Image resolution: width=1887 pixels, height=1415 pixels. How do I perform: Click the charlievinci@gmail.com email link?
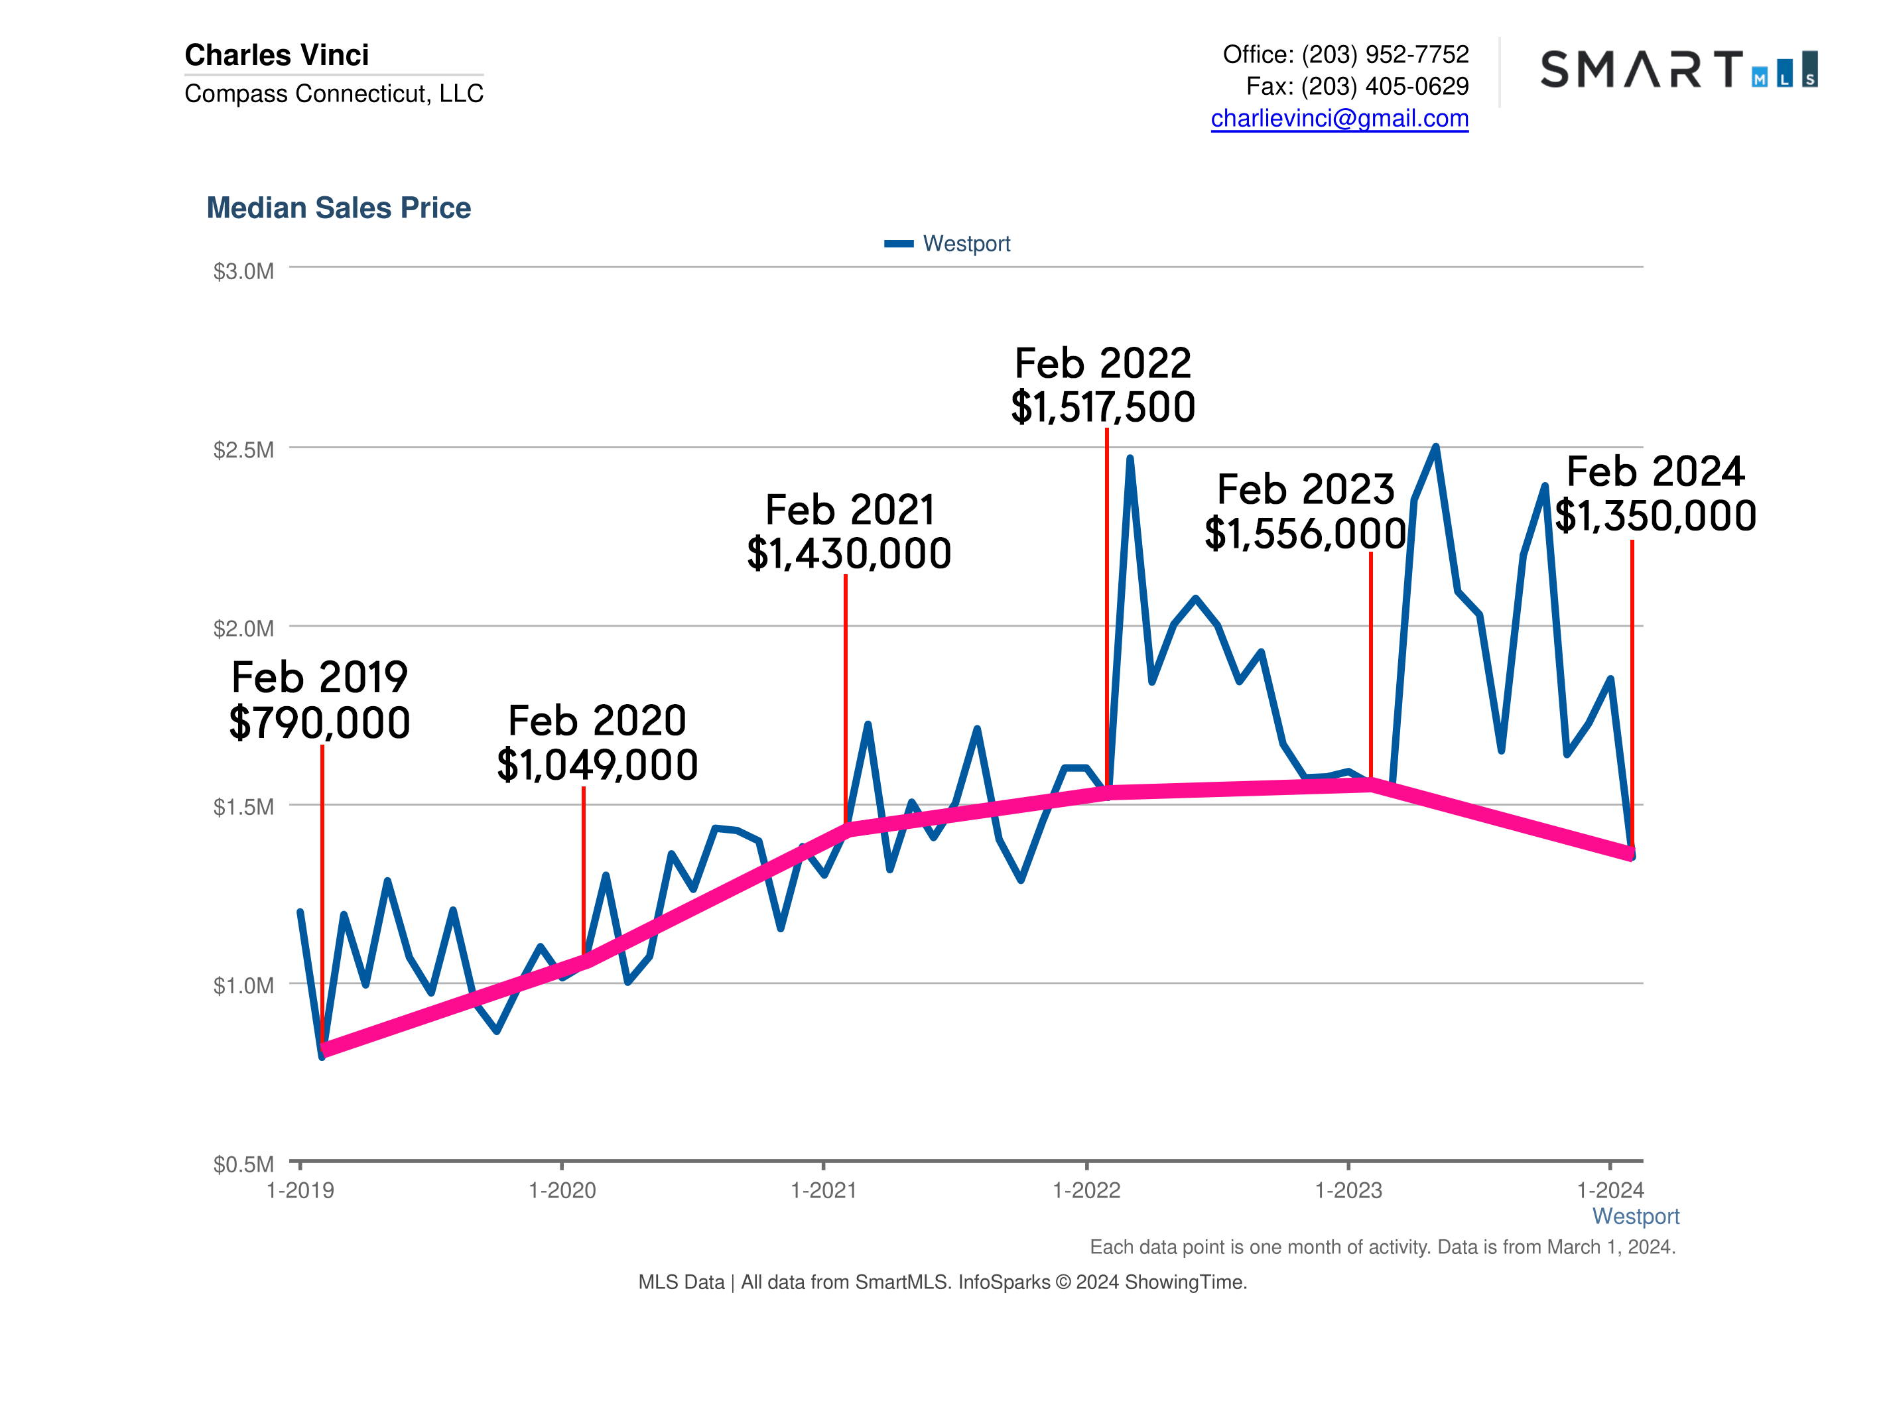coord(1338,118)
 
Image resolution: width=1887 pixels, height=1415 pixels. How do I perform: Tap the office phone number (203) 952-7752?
coord(1384,54)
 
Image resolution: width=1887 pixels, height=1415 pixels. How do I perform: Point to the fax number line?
coord(1356,86)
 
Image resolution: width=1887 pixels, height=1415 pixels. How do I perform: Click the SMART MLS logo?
coord(1678,69)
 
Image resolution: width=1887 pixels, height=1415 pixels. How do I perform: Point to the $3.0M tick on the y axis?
coord(243,271)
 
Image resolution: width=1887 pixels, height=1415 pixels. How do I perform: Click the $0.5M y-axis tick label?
coord(243,1164)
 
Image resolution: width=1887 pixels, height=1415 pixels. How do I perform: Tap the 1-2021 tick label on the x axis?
coord(823,1191)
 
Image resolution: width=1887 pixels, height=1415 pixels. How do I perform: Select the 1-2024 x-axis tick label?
coord(1609,1191)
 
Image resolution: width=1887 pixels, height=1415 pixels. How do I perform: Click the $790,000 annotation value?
coord(320,723)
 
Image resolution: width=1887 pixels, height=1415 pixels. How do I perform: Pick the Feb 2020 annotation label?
coord(596,721)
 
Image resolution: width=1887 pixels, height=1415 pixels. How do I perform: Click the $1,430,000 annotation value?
coord(849,554)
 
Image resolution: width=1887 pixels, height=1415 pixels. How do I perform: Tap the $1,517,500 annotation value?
coord(1102,407)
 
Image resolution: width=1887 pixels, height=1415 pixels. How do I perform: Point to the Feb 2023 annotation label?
coord(1305,489)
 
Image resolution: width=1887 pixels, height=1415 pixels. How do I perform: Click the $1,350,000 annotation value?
coord(1654,516)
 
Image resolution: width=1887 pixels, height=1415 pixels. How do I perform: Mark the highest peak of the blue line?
coord(1436,447)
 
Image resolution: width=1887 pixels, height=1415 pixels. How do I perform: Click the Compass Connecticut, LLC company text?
coord(334,93)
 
